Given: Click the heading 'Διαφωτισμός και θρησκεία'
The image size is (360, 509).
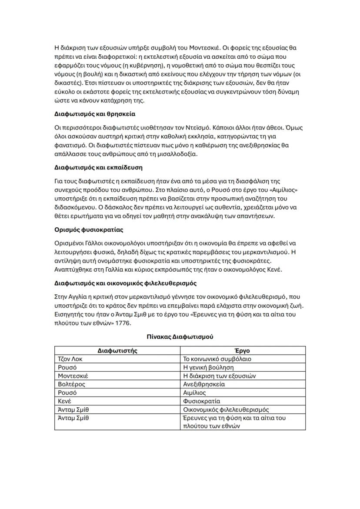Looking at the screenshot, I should [x=95, y=114].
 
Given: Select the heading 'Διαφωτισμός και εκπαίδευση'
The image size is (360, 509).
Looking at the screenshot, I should [x=98, y=167].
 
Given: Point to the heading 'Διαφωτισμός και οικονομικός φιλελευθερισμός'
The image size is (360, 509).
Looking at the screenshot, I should [x=126, y=283].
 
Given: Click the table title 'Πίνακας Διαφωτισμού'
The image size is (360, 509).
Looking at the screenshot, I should [x=180, y=336].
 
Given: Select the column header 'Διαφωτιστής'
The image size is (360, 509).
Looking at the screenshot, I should [x=117, y=350].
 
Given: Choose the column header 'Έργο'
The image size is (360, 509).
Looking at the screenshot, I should [x=244, y=350].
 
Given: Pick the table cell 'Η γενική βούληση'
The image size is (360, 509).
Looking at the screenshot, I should [x=208, y=367].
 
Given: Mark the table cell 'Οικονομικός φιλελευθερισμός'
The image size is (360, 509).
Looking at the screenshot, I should [x=226, y=409].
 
